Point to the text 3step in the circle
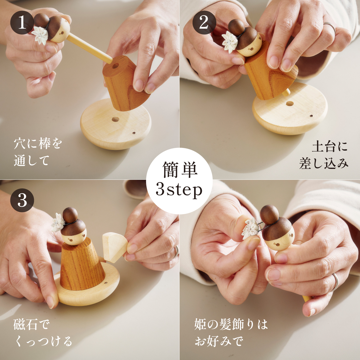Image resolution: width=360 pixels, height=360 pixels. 179,189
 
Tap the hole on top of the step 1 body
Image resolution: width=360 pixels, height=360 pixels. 115,66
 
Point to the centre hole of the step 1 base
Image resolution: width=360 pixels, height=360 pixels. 115,119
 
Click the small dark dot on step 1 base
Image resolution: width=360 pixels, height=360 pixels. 134,133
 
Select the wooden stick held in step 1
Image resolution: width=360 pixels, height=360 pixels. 89,49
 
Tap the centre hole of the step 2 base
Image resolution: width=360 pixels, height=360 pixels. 289,103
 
